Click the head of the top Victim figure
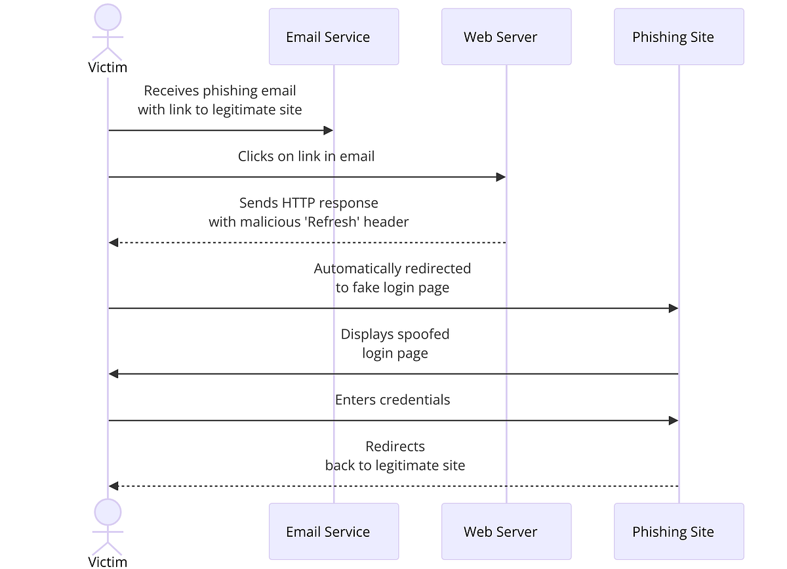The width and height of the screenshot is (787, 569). (x=108, y=18)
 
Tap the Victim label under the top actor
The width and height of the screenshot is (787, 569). (x=108, y=67)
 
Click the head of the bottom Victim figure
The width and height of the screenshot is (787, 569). (x=108, y=512)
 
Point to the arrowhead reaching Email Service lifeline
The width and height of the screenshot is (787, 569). (x=329, y=131)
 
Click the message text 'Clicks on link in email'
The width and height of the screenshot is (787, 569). (x=306, y=156)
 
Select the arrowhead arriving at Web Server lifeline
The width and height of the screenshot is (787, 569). (x=501, y=177)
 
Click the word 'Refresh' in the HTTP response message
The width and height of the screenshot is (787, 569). (x=334, y=222)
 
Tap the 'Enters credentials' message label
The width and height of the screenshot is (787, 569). (x=392, y=400)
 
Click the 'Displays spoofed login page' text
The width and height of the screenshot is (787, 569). (x=395, y=343)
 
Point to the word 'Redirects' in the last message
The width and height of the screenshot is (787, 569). (x=395, y=446)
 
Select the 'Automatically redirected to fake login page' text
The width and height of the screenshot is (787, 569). (x=392, y=278)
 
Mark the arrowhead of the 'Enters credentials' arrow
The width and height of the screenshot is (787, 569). (x=673, y=421)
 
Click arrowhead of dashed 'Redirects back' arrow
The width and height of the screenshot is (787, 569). (x=113, y=486)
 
